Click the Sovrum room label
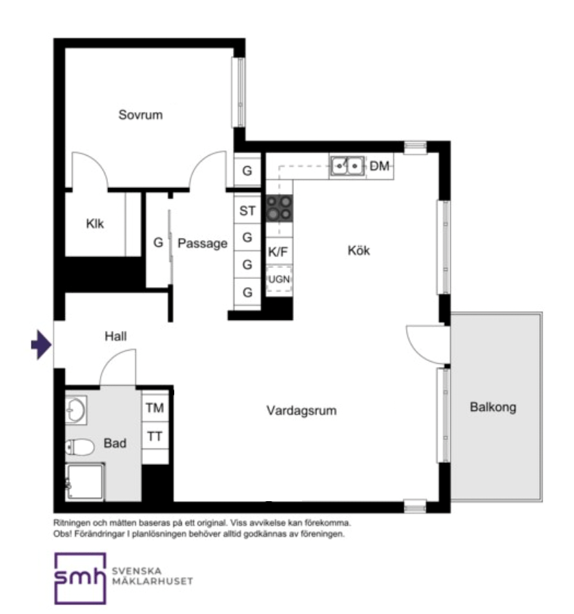(x=141, y=115)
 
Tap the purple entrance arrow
(x=41, y=345)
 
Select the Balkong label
(x=493, y=408)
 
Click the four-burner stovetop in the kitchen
(x=279, y=208)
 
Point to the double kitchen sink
(x=347, y=166)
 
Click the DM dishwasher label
(x=379, y=166)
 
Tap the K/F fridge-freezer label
(x=278, y=252)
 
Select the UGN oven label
(x=279, y=279)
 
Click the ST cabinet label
(x=247, y=211)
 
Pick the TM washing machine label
(x=155, y=408)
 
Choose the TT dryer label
(x=155, y=436)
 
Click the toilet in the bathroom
(x=80, y=446)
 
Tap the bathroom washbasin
(x=76, y=410)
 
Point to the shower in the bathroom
(x=85, y=481)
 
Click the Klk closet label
(x=95, y=224)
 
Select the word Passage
(x=202, y=243)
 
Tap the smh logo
(x=80, y=578)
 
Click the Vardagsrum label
(x=301, y=410)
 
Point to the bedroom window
(x=239, y=92)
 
